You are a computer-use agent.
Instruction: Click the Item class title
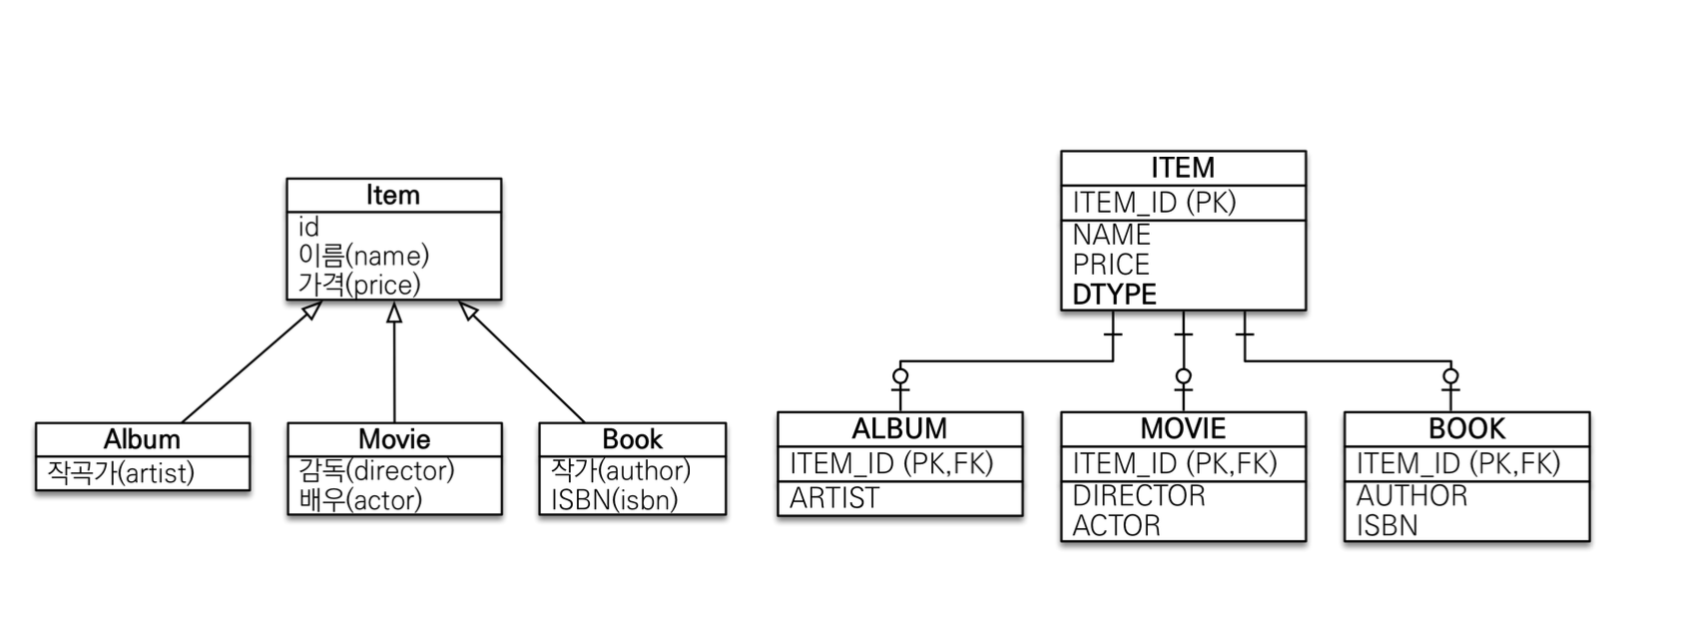point(392,196)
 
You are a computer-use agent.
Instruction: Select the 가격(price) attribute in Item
point(359,285)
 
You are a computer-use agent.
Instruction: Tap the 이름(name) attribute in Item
point(363,256)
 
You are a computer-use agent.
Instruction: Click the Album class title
point(142,439)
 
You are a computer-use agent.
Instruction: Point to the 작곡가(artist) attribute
point(121,472)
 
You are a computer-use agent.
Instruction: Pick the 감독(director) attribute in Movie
point(376,469)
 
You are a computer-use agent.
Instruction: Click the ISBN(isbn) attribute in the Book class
point(614,499)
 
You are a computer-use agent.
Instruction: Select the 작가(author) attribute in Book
point(620,469)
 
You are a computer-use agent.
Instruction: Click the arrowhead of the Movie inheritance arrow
point(394,313)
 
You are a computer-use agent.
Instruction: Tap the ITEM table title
point(1183,168)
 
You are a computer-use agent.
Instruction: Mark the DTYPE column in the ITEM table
point(1114,295)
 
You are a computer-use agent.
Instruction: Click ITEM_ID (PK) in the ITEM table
point(1154,203)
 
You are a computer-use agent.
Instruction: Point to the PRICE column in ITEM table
point(1111,265)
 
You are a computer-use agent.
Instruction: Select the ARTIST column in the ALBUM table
point(835,497)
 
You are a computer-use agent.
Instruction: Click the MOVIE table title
point(1183,428)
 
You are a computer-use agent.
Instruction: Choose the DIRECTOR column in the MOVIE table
point(1139,495)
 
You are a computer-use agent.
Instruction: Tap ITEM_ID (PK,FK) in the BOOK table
point(1457,463)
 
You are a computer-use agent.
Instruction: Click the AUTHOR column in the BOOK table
point(1411,495)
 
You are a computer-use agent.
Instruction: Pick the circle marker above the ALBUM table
point(900,376)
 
